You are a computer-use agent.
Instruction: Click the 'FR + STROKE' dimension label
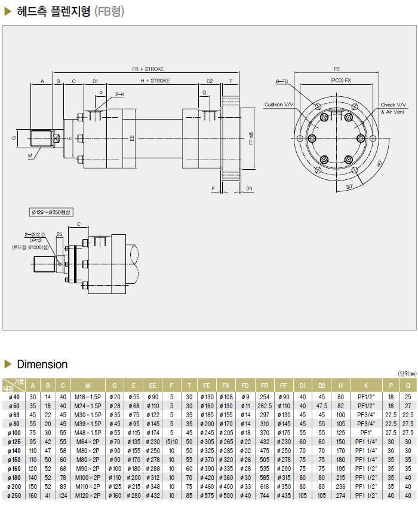[148, 69]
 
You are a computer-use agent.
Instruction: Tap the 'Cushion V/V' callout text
[279, 105]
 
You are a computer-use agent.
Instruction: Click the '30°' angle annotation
[349, 187]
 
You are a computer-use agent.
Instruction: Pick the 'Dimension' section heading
[42, 365]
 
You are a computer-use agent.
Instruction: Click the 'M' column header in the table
[88, 386]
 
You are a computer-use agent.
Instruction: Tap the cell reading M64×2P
[88, 441]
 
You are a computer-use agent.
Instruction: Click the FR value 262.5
[264, 405]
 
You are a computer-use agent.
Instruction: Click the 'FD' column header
[245, 386]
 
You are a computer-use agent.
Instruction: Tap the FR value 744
[264, 495]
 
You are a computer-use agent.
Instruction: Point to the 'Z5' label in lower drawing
[59, 234]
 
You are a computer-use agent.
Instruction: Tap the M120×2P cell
[88, 495]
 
